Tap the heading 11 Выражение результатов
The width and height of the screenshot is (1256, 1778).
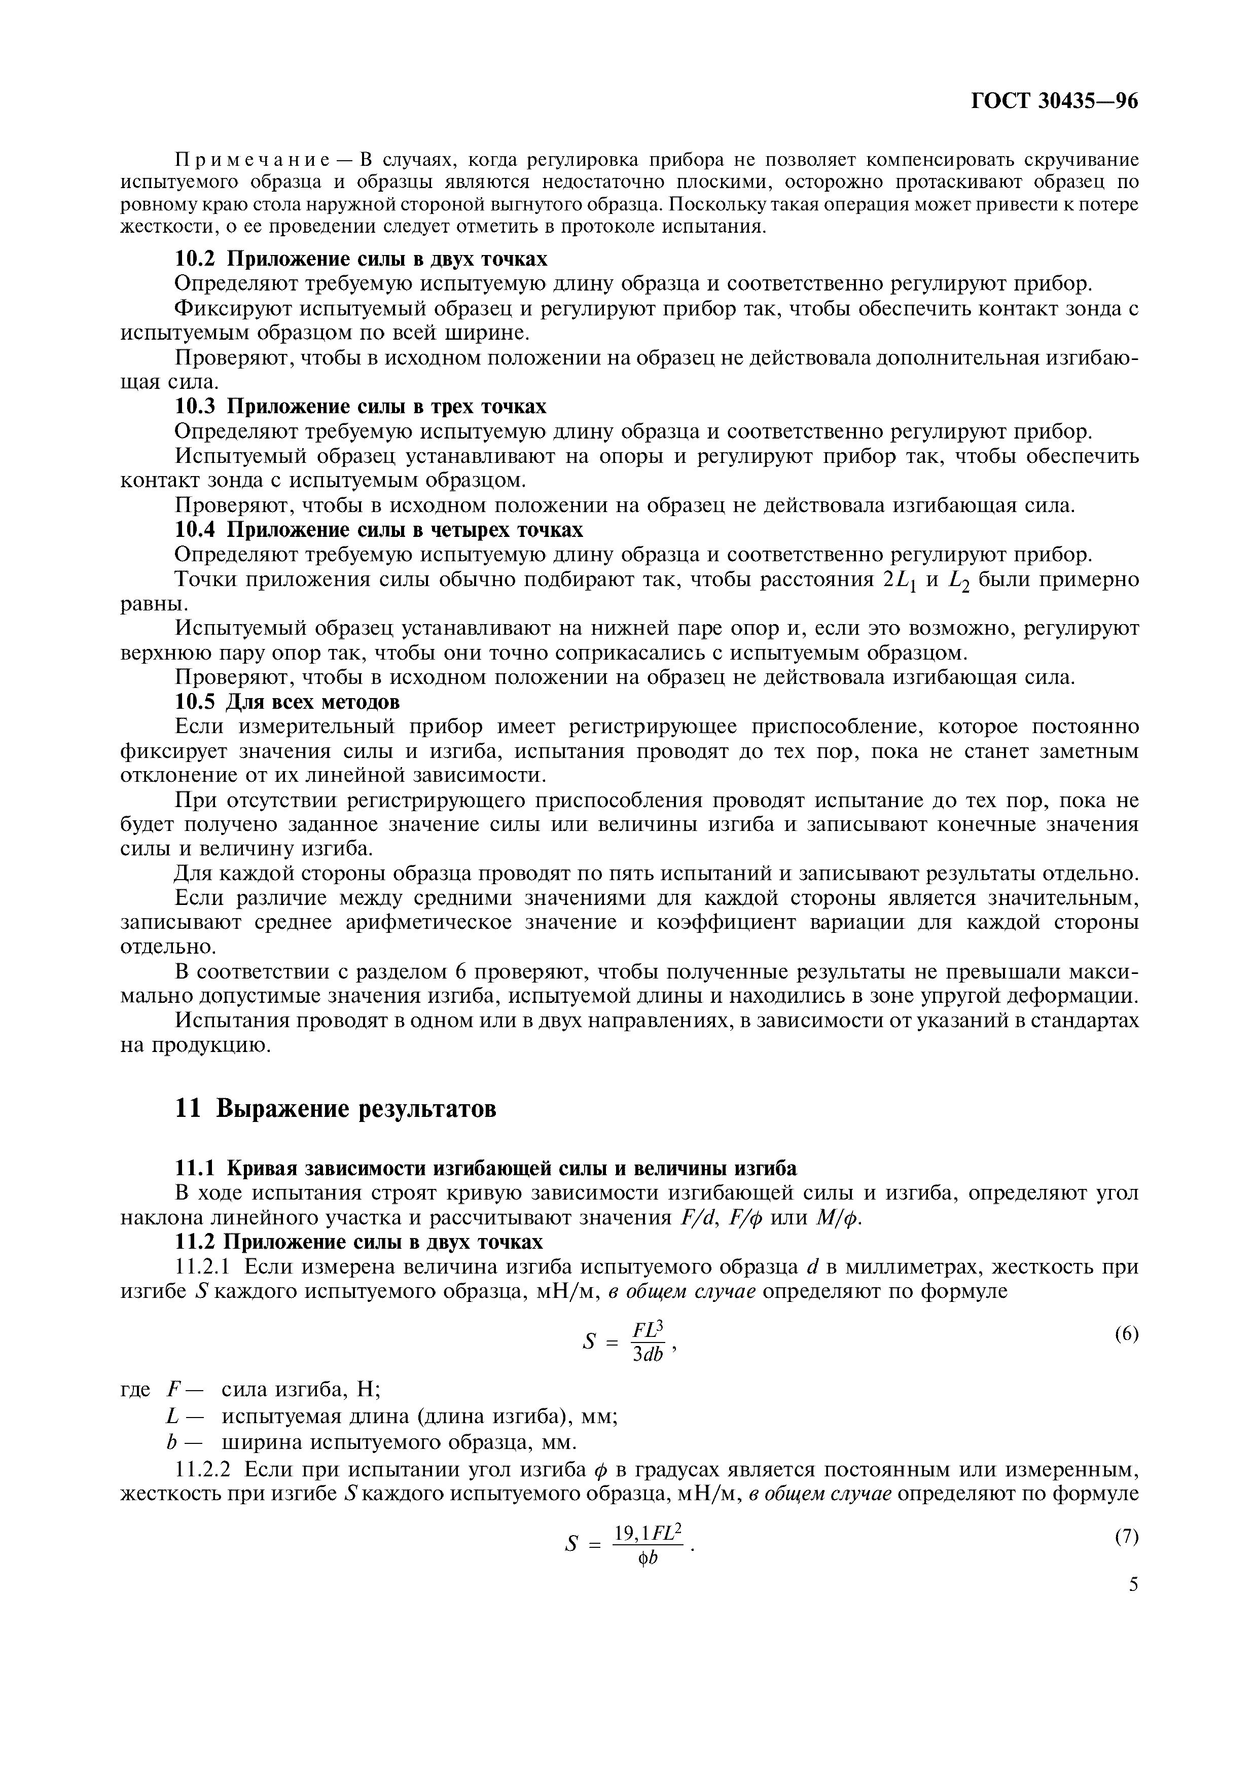335,1108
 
